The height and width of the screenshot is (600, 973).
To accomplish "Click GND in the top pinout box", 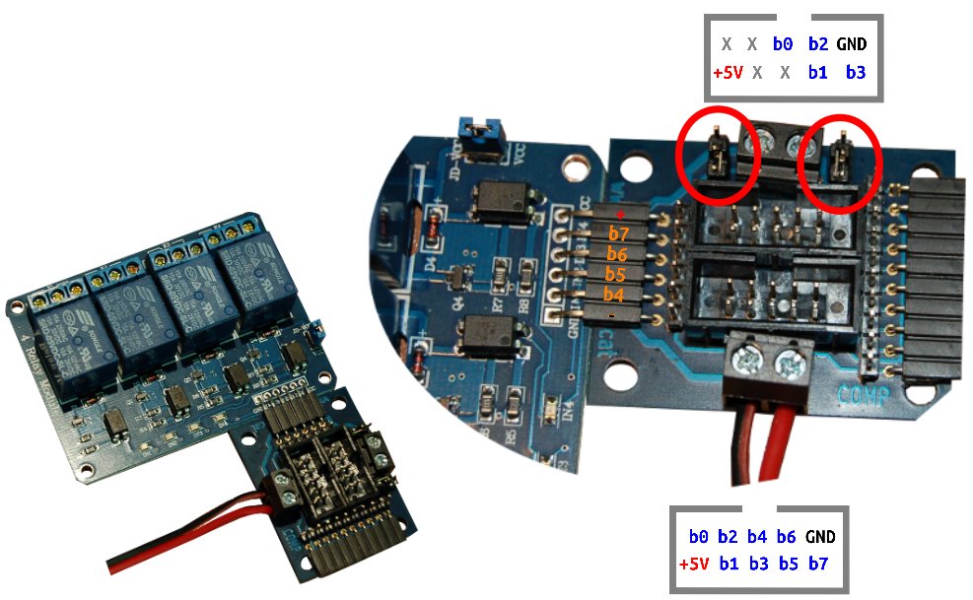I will click(852, 44).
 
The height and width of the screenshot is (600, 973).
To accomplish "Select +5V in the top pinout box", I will click(727, 73).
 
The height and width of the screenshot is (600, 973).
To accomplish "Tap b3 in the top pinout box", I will click(855, 73).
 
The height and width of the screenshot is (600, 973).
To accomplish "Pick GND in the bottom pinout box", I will click(819, 538).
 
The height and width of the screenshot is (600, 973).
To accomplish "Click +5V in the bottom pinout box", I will click(694, 565).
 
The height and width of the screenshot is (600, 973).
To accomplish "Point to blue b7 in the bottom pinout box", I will click(818, 565).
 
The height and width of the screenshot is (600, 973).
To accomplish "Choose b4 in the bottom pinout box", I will click(757, 538).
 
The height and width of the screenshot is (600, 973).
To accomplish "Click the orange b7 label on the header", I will click(617, 234).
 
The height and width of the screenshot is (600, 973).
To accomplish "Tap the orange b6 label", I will click(617, 255).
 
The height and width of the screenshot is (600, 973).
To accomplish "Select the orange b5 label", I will click(615, 275).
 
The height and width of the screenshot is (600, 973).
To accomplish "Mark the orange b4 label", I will click(615, 295).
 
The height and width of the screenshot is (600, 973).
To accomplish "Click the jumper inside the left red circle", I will click(719, 156).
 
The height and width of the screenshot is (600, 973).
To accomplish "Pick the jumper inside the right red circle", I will click(841, 156).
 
